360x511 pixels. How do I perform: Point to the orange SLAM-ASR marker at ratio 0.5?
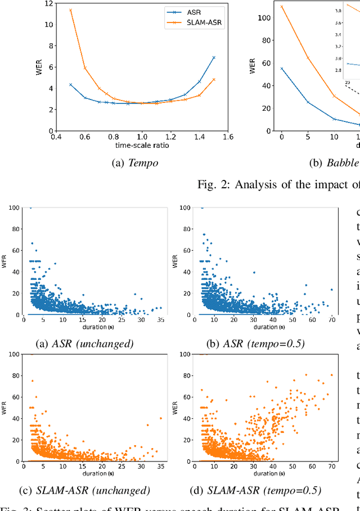point(70,10)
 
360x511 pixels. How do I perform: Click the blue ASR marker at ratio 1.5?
point(214,57)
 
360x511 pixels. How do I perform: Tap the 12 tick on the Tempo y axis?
point(49,3)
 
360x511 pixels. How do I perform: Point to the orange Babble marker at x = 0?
point(281,7)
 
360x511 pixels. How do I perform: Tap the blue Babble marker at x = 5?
point(308,102)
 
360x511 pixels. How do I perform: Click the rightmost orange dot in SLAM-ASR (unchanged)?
point(160,418)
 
